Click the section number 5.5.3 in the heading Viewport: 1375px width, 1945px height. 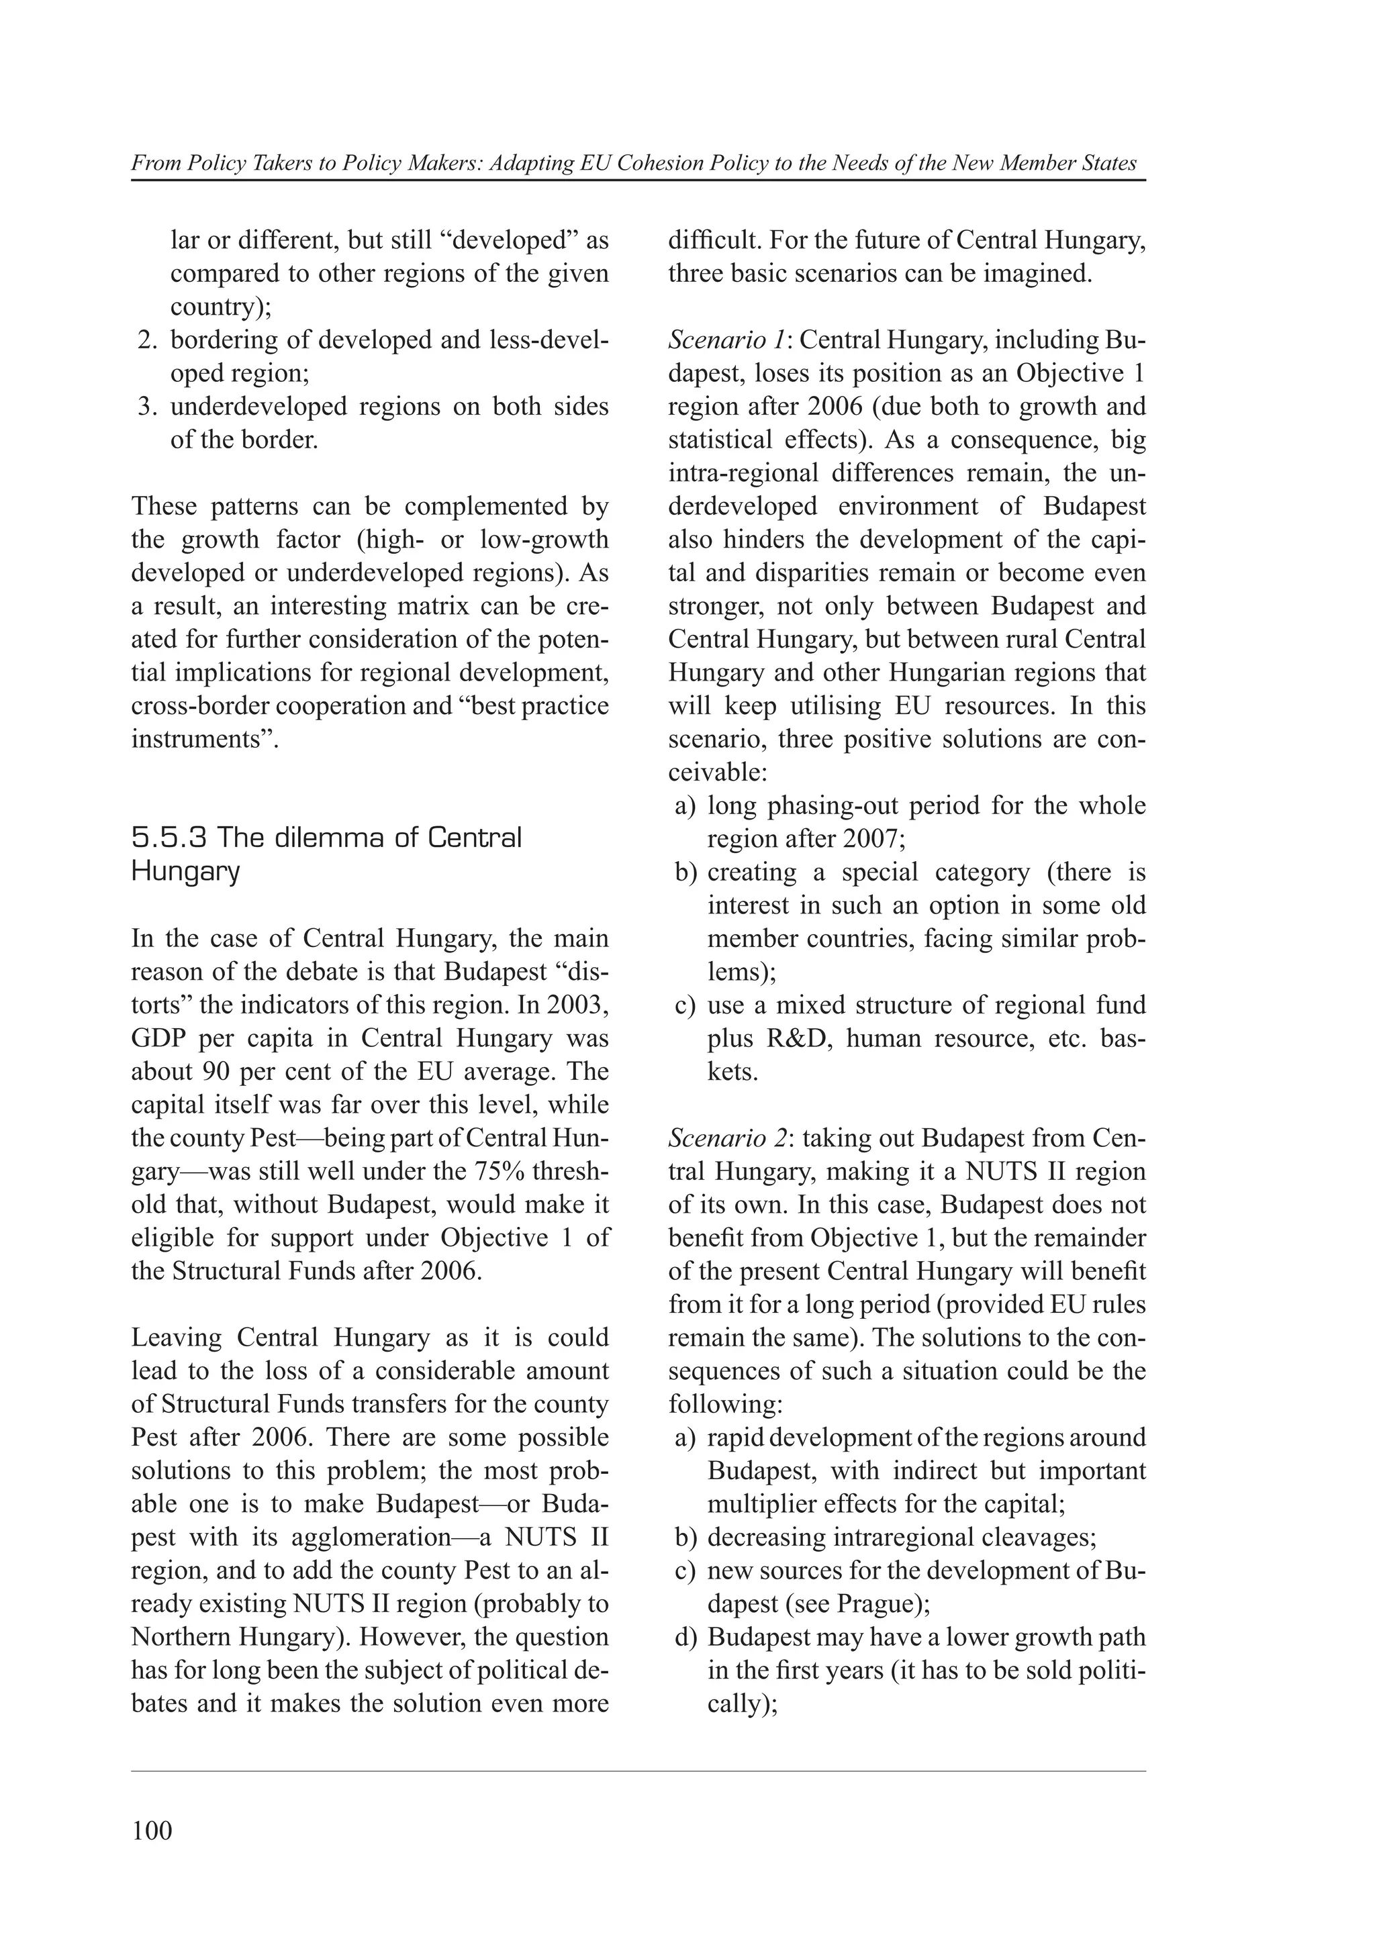[x=169, y=838]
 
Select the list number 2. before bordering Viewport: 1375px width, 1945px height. [x=149, y=340]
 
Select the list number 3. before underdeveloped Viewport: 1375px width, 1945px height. [x=149, y=407]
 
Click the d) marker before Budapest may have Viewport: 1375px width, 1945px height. [x=685, y=1637]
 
